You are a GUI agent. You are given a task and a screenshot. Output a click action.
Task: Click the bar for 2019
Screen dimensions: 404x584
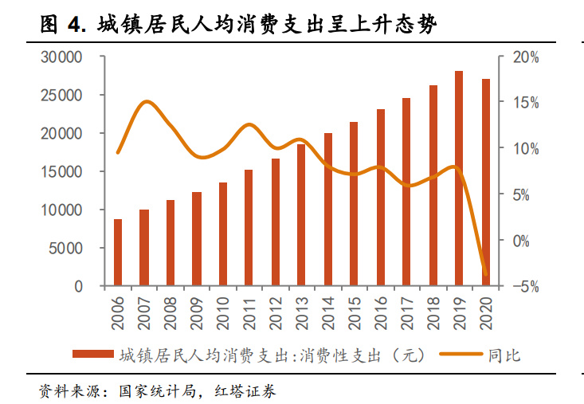459,178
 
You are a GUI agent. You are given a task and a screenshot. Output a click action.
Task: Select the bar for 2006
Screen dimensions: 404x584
118,252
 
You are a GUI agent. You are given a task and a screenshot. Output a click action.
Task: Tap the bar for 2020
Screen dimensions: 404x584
485,182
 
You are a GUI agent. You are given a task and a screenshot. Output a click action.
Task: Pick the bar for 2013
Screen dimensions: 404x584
301,214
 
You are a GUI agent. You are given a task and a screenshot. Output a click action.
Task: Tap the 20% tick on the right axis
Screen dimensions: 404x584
526,57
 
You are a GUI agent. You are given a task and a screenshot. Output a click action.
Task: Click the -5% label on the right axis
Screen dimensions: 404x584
525,286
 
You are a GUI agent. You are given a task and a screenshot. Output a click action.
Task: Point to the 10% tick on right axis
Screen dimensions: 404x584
526,149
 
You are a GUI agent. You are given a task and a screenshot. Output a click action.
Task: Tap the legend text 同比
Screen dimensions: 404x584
504,354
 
